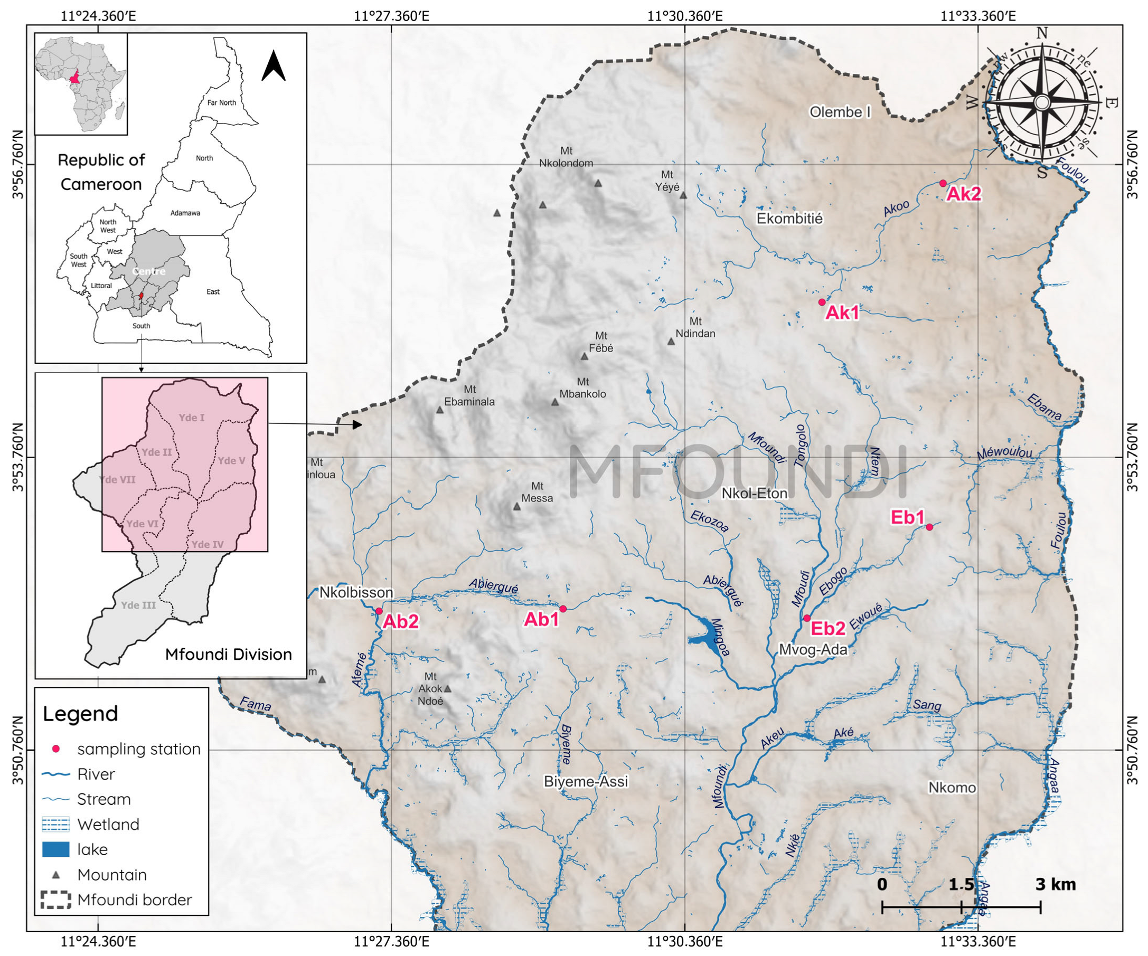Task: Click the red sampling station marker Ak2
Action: coord(943,183)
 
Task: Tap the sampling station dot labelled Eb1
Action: coord(929,527)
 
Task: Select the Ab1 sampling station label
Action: coord(541,619)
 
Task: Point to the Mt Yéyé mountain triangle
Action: coord(683,195)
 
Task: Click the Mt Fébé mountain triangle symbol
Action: coord(585,356)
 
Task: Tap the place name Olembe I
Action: coord(840,112)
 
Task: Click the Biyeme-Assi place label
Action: coord(586,782)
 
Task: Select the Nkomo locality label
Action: coord(952,788)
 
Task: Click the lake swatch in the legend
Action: coord(56,849)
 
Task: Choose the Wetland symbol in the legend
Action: coord(56,824)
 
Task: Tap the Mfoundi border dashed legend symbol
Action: coord(56,900)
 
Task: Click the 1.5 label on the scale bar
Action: coord(961,884)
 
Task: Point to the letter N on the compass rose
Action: coord(1042,34)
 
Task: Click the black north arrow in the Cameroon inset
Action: coord(274,66)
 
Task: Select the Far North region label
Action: coord(221,103)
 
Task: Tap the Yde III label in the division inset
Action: coord(138,605)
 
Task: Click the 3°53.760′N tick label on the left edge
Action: coord(18,457)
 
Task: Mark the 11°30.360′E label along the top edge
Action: coord(685,16)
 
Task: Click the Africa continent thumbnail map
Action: coord(81,83)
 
